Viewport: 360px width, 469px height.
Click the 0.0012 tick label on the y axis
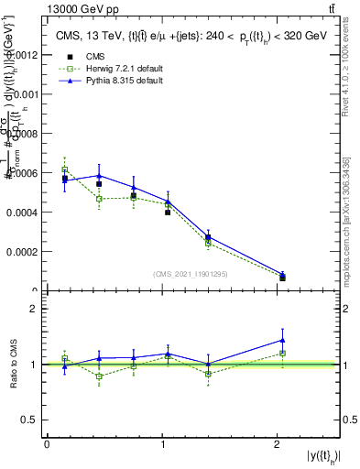pos(23,55)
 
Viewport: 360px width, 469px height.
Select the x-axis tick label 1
pos(163,444)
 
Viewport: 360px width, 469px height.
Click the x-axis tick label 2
pos(278,444)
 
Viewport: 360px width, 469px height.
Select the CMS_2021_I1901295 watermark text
pos(191,274)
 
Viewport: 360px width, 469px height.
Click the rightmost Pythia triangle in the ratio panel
pos(282,340)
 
